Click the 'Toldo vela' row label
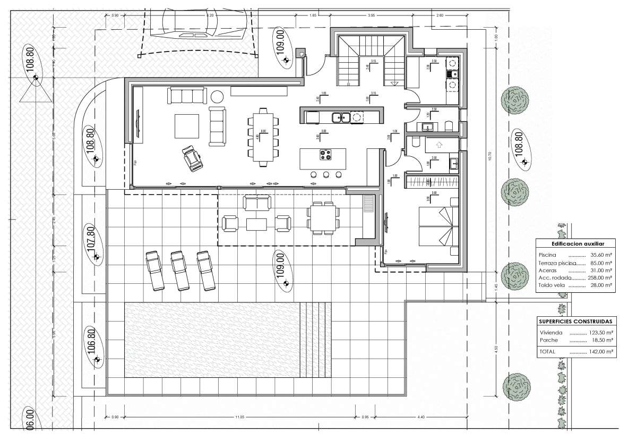click(550, 285)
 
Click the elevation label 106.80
click(90, 341)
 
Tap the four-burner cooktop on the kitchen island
click(325, 155)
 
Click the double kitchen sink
click(339, 117)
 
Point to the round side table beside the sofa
click(217, 96)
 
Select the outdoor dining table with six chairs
click(323, 217)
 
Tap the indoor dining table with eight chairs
click(263, 137)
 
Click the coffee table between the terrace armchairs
click(257, 224)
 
